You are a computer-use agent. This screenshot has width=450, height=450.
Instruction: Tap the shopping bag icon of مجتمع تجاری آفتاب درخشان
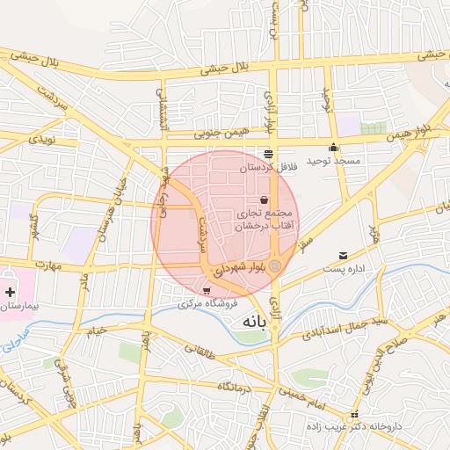pyautogui.click(x=264, y=200)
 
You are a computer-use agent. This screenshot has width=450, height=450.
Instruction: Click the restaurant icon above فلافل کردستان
pyautogui.click(x=268, y=154)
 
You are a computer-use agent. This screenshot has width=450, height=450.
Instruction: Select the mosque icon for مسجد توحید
pyautogui.click(x=333, y=148)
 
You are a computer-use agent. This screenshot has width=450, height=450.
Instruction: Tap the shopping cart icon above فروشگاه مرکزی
pyautogui.click(x=207, y=291)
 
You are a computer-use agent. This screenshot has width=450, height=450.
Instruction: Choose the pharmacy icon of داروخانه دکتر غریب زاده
pyautogui.click(x=354, y=414)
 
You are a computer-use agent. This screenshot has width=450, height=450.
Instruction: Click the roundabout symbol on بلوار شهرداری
pyautogui.click(x=276, y=265)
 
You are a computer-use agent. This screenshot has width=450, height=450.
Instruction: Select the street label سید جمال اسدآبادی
pyautogui.click(x=333, y=330)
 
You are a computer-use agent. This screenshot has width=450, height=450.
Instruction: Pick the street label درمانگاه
pyautogui.click(x=236, y=386)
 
